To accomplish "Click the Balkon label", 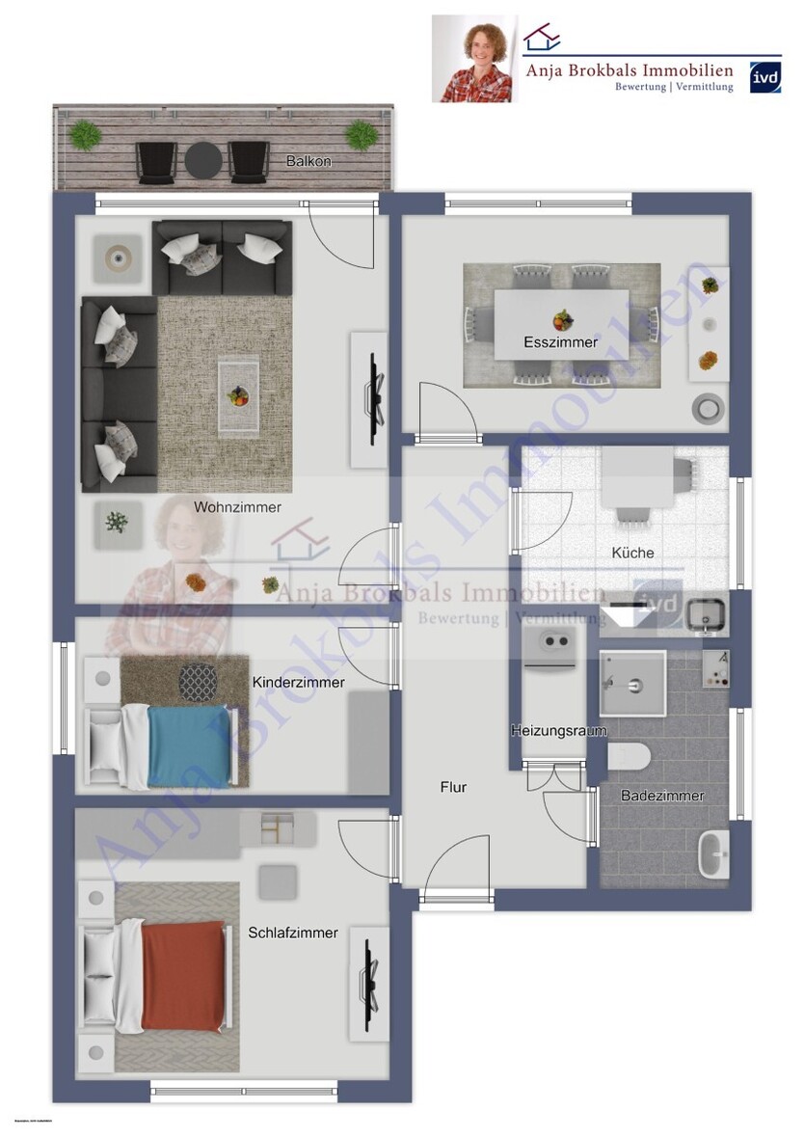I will pos(308,161).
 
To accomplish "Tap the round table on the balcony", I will pos(202,160).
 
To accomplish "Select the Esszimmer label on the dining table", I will pos(560,342).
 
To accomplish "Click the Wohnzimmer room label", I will pos(237,506).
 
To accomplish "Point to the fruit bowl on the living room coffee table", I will pos(237,394).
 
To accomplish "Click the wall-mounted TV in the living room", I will pos(374,386).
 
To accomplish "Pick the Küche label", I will pos(632,553).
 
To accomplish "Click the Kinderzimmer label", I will pos(298,682).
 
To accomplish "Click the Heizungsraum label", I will pos(558,731).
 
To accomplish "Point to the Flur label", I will pos(453,787).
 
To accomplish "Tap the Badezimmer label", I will pos(662,796).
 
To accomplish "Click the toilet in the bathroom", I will pos(630,755).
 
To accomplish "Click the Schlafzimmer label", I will pos(293,933).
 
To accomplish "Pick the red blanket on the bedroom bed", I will pos(184,975).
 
